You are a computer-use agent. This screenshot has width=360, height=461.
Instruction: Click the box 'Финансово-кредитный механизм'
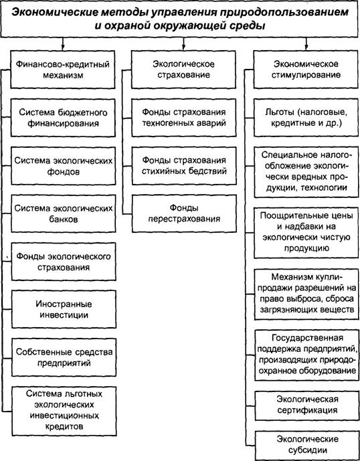coord(63,70)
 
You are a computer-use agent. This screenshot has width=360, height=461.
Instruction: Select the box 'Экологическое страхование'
coord(183,70)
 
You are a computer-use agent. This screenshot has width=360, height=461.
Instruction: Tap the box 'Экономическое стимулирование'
coord(306,70)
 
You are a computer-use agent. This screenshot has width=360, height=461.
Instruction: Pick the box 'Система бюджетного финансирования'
coord(63,118)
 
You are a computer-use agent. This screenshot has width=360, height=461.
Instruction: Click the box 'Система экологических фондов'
coord(64,166)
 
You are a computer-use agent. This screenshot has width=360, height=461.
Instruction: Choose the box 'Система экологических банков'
coord(64,213)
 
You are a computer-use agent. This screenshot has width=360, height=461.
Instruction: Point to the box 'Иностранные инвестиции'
coord(64,309)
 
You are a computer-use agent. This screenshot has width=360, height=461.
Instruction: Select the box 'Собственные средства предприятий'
coord(64,357)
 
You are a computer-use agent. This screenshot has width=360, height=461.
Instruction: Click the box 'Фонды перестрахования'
coord(184,213)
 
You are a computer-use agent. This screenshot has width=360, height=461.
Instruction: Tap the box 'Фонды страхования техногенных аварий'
coord(184,118)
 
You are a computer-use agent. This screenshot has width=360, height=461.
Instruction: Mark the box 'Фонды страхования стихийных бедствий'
coord(184,166)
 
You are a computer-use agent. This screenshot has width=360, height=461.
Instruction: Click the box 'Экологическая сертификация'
coord(307,405)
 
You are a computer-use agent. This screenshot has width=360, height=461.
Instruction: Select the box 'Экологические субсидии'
coord(307,445)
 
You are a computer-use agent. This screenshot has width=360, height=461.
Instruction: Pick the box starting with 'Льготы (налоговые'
coord(306,118)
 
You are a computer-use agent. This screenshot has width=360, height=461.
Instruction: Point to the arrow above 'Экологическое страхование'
coord(183,43)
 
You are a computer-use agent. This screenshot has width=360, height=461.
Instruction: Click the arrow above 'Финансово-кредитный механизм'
coord(63,43)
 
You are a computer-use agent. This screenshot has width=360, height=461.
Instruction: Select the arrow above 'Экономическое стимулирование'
coord(306,43)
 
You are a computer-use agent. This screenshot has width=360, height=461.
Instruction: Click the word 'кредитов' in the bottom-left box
coord(64,426)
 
